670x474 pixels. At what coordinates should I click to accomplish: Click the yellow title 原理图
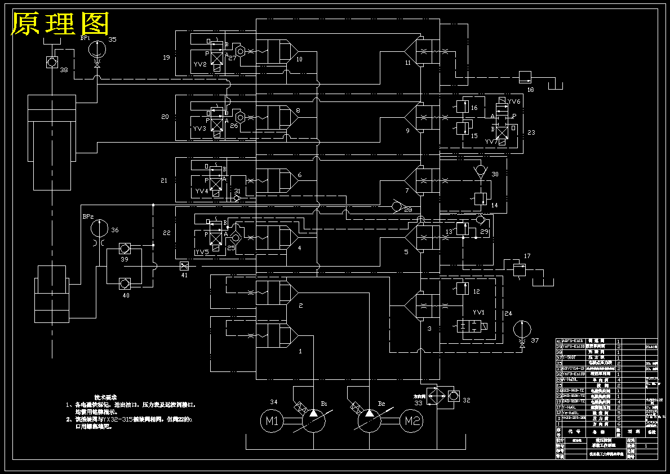click(60, 24)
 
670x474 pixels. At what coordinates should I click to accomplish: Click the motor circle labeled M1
click(272, 420)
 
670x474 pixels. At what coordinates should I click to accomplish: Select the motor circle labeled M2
click(412, 420)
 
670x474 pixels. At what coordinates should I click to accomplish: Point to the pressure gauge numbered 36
click(99, 228)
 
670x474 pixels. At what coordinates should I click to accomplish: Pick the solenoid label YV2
click(200, 64)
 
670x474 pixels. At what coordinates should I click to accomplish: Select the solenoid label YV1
click(478, 312)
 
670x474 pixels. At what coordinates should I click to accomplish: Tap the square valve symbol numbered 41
click(183, 265)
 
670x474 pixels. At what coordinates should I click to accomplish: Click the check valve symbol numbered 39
click(125, 248)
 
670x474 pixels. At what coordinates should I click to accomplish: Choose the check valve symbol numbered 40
click(125, 282)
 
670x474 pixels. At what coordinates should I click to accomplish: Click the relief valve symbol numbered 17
click(518, 269)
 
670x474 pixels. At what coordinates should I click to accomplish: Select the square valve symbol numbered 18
click(525, 76)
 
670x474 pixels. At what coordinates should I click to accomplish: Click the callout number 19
click(166, 57)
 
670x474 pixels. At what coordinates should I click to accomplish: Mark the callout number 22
click(166, 233)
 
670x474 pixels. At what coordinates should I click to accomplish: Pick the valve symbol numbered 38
click(51, 61)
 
